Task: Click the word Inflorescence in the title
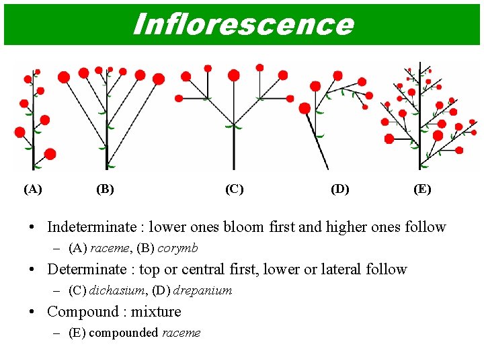(x=243, y=24)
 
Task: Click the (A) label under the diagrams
(x=32, y=189)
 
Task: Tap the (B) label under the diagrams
(x=105, y=189)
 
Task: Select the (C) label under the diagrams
(x=234, y=189)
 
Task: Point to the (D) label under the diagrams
(x=340, y=189)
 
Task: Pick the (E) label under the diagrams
(x=422, y=189)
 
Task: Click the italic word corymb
(x=177, y=248)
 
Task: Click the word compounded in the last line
(x=124, y=333)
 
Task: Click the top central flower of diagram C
(x=234, y=75)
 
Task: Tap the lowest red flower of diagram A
(x=50, y=154)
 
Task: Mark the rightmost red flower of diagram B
(x=159, y=79)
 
